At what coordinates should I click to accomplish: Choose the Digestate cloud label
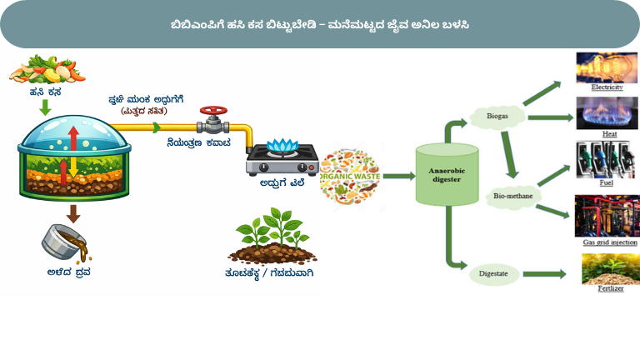point(493,272)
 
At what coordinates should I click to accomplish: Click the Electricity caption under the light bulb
point(607,87)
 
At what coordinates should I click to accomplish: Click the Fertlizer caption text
point(609,288)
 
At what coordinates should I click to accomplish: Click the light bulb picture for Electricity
point(607,67)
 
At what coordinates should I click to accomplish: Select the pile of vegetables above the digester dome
point(49,67)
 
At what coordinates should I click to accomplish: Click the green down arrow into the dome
point(48,106)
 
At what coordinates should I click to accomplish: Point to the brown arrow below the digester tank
point(73,212)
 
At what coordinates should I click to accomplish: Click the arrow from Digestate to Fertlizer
point(548,272)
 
